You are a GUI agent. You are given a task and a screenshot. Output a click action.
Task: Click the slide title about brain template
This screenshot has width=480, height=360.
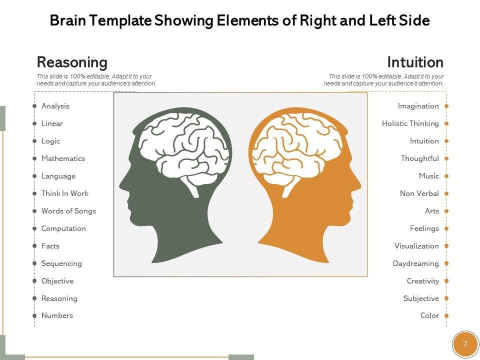click(240, 21)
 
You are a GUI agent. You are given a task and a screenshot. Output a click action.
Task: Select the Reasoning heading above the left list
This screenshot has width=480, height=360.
click(72, 62)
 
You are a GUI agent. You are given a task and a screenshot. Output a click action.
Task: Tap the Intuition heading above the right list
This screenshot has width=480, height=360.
click(415, 62)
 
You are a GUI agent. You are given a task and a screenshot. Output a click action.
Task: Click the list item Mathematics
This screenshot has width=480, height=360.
click(63, 158)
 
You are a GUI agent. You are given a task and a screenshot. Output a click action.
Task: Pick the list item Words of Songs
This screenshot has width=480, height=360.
click(68, 211)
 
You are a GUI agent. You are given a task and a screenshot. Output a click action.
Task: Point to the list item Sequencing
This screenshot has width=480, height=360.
click(61, 263)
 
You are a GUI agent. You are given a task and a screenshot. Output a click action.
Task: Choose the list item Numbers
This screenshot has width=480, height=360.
click(57, 315)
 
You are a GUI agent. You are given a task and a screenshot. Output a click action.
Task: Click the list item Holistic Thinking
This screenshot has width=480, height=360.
click(410, 123)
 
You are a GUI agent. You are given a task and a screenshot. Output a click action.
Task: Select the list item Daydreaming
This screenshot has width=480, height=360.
click(415, 263)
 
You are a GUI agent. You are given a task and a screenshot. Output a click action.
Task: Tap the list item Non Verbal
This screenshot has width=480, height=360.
click(419, 193)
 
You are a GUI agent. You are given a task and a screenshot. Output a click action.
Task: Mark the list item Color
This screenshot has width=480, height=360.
click(429, 315)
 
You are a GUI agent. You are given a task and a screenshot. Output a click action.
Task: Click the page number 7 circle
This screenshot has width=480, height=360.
click(465, 344)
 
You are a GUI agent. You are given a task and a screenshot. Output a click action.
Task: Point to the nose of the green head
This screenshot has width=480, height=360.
click(121, 186)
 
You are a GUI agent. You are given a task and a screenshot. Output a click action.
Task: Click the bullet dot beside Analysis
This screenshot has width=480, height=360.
click(34, 106)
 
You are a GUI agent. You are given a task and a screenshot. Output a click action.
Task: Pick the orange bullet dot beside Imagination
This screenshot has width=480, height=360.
click(446, 106)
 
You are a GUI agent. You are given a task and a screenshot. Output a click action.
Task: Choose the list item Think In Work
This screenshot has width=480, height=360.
click(65, 193)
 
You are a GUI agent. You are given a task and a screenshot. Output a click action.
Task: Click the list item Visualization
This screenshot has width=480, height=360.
click(416, 246)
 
